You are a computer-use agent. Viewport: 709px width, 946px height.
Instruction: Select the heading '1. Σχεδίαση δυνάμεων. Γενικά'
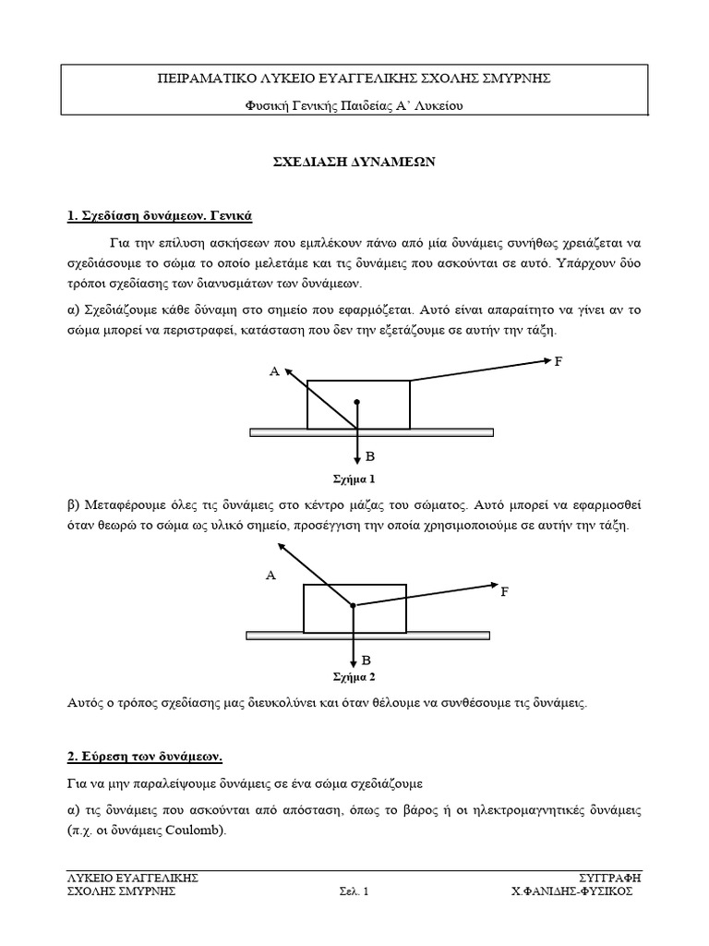pyautogui.click(x=159, y=215)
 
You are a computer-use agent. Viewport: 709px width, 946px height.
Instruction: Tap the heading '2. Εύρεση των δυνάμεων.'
pyautogui.click(x=145, y=756)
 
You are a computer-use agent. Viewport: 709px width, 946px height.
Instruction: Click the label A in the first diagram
pyautogui.click(x=273, y=371)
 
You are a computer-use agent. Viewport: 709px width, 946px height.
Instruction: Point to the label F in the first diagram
pyautogui.click(x=558, y=360)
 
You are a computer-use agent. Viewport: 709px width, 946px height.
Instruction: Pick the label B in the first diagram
pyautogui.click(x=370, y=456)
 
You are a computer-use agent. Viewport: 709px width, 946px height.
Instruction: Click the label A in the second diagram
pyautogui.click(x=270, y=576)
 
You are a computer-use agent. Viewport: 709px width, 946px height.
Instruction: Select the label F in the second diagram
pyautogui.click(x=505, y=591)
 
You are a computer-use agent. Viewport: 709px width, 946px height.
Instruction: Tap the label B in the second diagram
pyautogui.click(x=367, y=661)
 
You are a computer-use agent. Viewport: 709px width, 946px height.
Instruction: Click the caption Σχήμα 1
pyautogui.click(x=354, y=479)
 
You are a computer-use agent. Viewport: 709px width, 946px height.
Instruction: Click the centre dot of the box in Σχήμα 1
pyautogui.click(x=356, y=402)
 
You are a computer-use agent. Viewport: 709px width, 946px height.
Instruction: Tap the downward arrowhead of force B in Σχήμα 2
pyautogui.click(x=354, y=662)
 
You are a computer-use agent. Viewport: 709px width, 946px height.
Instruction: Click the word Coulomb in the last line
pyautogui.click(x=193, y=830)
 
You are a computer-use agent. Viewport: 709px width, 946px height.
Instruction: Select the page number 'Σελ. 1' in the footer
pyautogui.click(x=353, y=891)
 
